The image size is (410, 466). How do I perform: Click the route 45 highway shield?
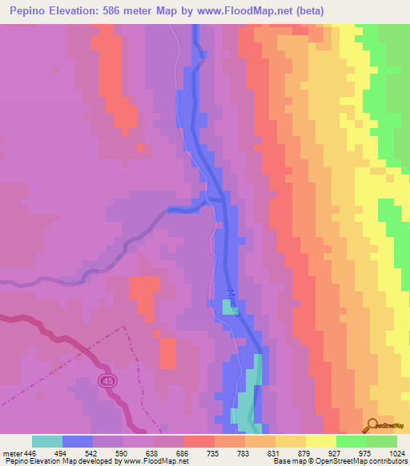pyautogui.click(x=108, y=382)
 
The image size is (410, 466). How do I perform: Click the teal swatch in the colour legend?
pyautogui.click(x=47, y=441)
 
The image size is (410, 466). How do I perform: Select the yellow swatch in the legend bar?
pyautogui.click(x=320, y=441)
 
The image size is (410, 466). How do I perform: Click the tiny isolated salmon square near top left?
pyautogui.click(x=141, y=147)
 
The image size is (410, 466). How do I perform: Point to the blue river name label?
pyautogui.click(x=232, y=303)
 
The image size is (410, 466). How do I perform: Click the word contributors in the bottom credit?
pyautogui.click(x=388, y=462)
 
